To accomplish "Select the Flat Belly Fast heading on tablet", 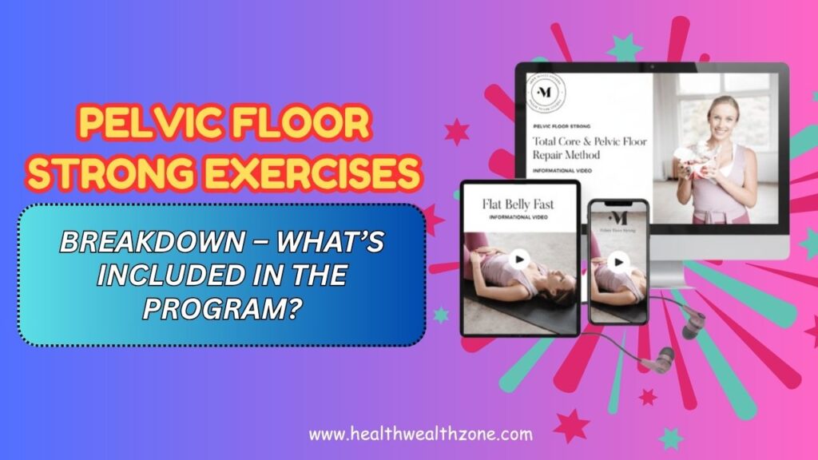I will [518, 204].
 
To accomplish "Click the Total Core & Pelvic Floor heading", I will [590, 148].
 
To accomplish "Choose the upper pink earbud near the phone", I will [693, 324].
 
